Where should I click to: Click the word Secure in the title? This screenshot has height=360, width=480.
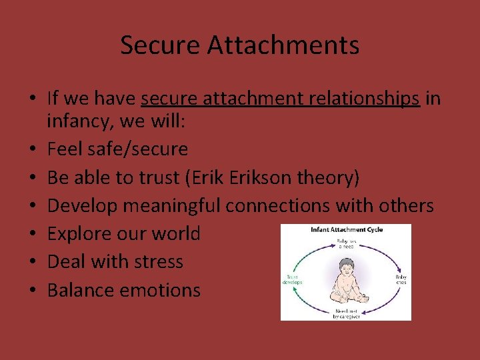tap(161, 45)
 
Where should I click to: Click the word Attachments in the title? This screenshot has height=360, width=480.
tap(283, 45)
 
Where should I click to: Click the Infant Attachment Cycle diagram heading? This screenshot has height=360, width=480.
tap(346, 230)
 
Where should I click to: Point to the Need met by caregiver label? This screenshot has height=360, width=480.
tap(345, 313)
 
